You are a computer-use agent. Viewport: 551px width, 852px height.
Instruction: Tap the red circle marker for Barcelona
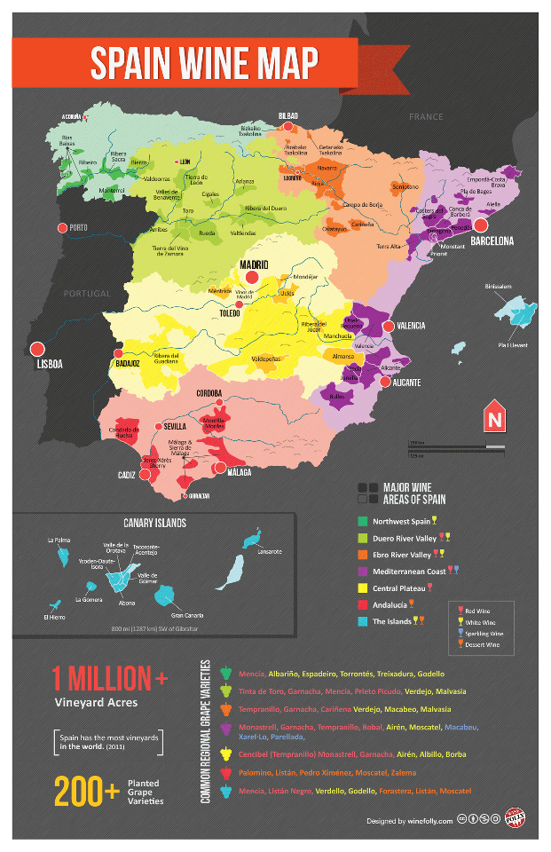point(481,225)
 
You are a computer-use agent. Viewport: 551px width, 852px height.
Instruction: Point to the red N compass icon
point(493,416)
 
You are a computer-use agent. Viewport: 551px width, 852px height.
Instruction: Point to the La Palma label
point(59,539)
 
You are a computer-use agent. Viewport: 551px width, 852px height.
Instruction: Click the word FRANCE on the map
point(425,117)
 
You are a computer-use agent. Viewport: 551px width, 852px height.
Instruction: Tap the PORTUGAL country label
point(86,293)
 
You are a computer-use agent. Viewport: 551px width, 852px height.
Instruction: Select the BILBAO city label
point(287,116)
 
